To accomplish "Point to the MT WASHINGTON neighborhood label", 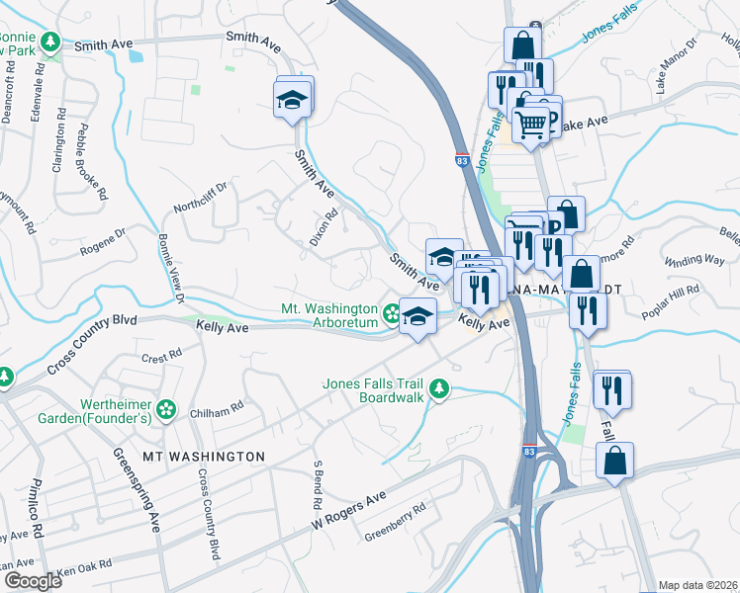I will [204, 457].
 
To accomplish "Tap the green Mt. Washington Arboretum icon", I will [392, 315].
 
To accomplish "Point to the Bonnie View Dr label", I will [166, 268].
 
